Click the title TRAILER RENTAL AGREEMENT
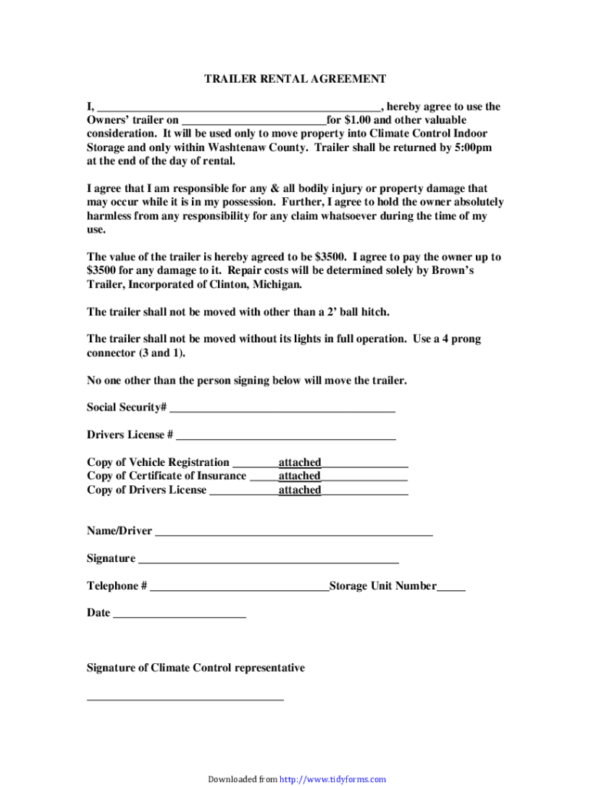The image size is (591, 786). point(295,79)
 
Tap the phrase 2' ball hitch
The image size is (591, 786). point(358,312)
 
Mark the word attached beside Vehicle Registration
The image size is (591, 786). point(299,463)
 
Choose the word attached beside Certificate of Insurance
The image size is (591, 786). point(299,477)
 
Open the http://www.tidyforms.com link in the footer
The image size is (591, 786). point(333,780)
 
